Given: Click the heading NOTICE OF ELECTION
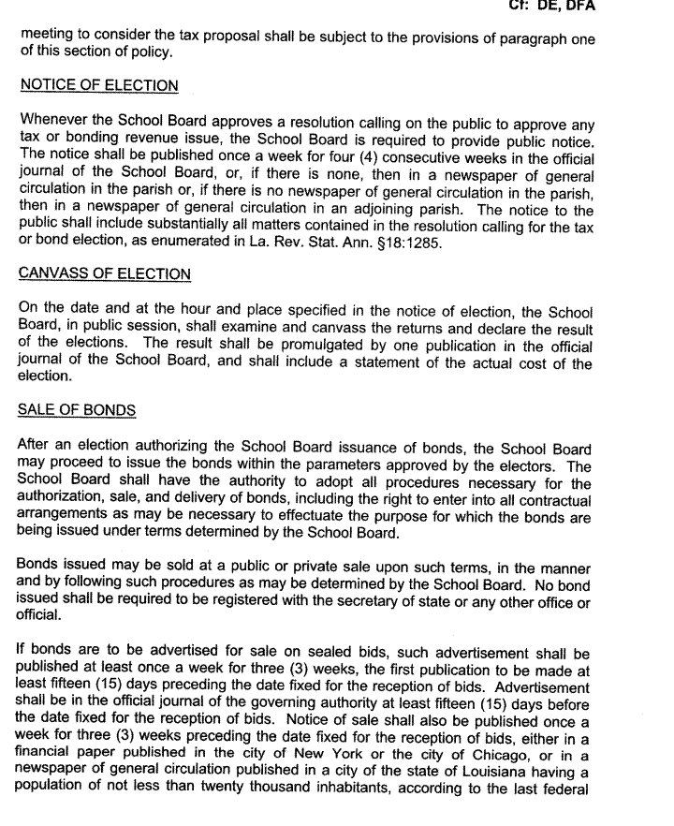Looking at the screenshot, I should click(x=98, y=86).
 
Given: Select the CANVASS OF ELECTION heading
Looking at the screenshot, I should click(x=104, y=274).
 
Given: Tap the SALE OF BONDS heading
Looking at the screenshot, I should click(x=77, y=410).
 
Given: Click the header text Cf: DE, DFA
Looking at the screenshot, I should click(x=549, y=7).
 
